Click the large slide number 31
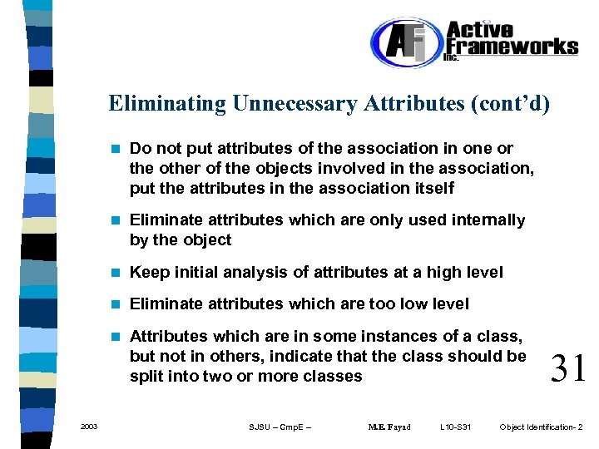(x=568, y=367)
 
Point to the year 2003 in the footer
(x=89, y=427)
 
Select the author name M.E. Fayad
(x=389, y=427)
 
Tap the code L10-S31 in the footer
(x=455, y=427)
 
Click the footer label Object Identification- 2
(x=541, y=427)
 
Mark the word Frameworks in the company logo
(x=512, y=46)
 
